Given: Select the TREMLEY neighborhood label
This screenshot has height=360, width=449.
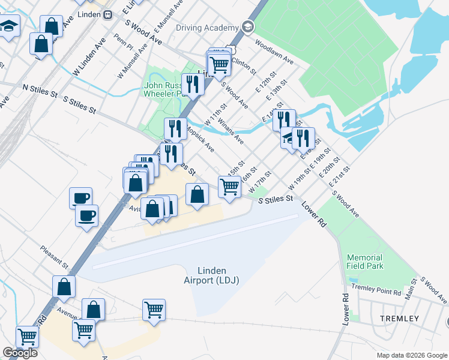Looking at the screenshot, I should point(400,318).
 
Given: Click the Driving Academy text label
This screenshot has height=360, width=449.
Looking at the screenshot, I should point(207,28).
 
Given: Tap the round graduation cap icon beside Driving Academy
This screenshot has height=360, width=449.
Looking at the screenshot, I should point(247,27).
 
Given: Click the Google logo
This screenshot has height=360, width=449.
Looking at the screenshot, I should point(20,353).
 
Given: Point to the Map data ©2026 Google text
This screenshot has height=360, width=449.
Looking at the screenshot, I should point(411,355).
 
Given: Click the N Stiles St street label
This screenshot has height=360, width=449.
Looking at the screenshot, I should point(40,91).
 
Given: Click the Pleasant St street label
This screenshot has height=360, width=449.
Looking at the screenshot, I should point(55,256).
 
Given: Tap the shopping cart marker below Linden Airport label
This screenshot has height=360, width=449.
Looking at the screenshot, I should point(154,311).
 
